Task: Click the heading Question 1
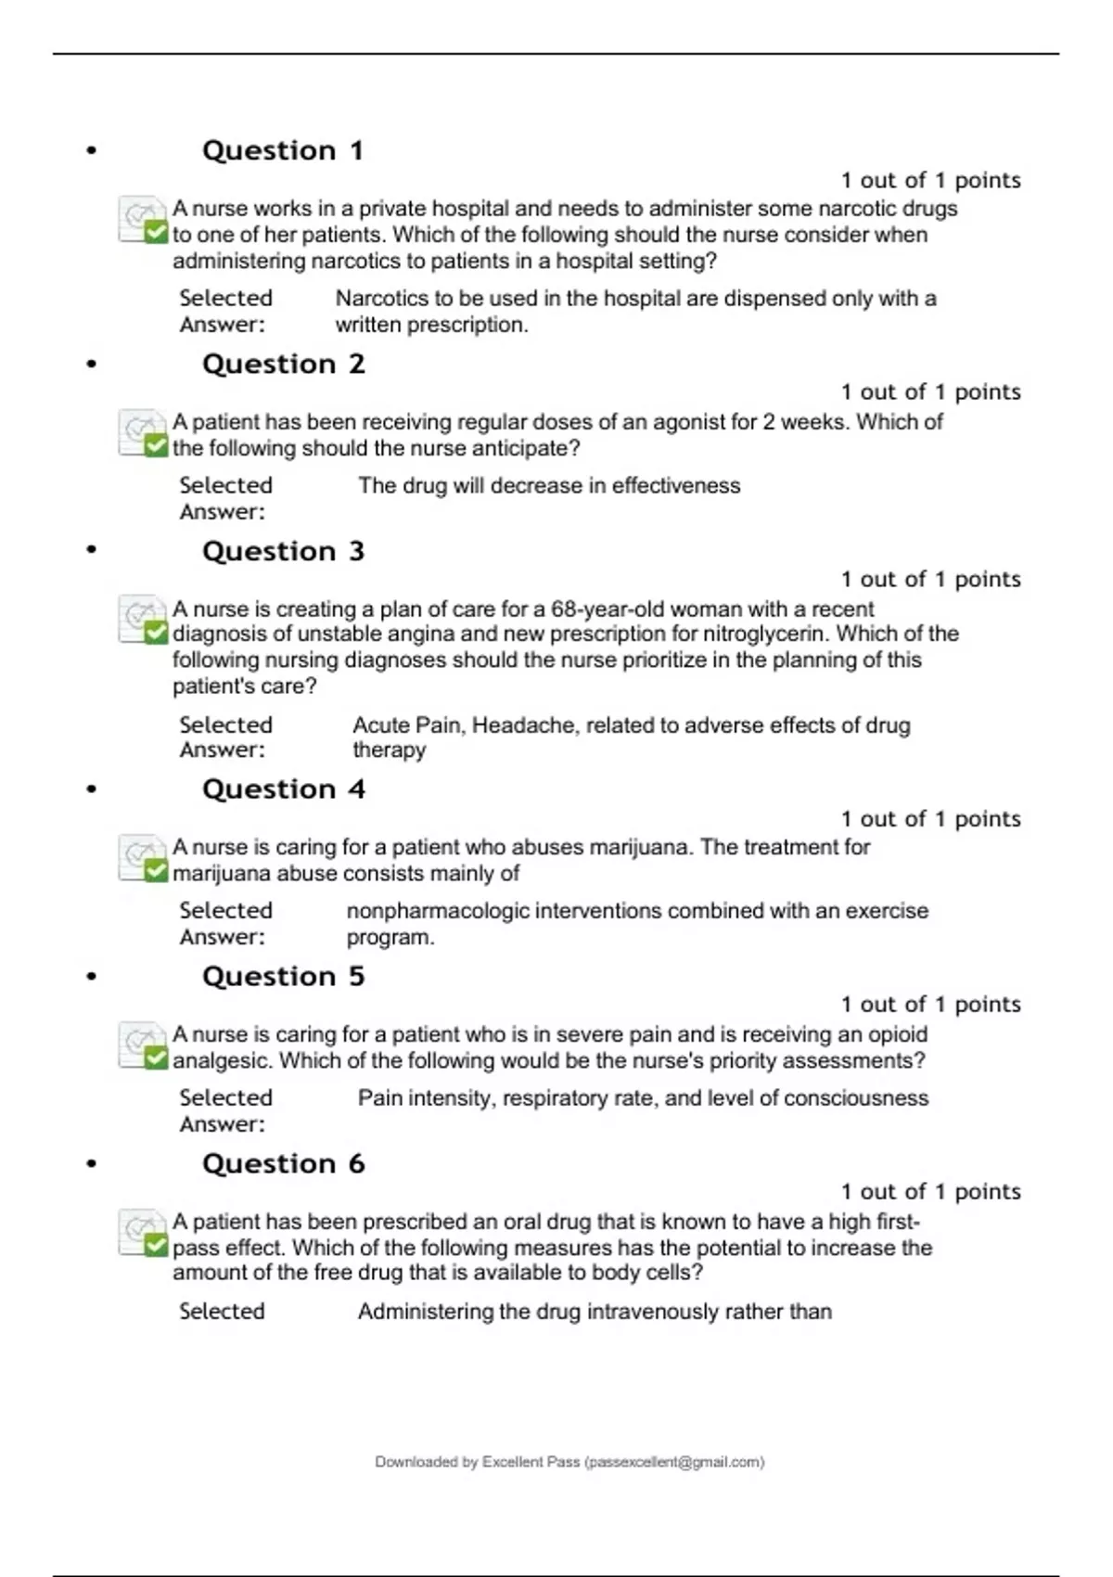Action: coord(283,150)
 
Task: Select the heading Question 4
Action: coord(284,789)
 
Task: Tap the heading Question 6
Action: coord(284,1164)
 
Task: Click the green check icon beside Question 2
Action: coord(156,446)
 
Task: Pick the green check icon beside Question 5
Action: coord(156,1058)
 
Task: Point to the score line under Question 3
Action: coord(930,580)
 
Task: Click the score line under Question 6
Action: coord(930,1192)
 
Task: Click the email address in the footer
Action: coord(675,1462)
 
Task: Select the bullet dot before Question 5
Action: coord(91,977)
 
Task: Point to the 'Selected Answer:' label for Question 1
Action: coord(225,312)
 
